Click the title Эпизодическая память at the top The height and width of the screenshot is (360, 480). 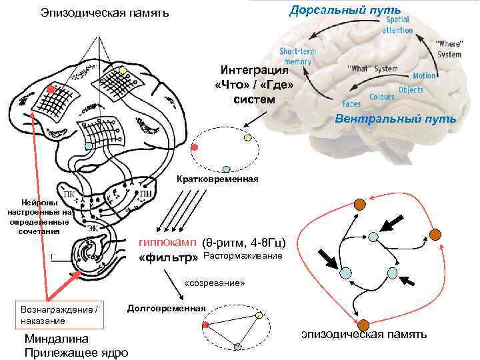coord(105,13)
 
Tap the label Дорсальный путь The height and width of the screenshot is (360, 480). coord(345,10)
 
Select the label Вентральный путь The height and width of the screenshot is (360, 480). coord(395,120)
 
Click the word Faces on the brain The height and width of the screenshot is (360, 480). coord(351,104)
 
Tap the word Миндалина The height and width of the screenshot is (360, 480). coord(56,339)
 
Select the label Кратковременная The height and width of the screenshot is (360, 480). coord(217,180)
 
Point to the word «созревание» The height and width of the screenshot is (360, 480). coord(215,283)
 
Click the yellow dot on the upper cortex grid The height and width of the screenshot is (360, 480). coord(122,71)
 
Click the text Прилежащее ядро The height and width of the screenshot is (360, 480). coord(76,353)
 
